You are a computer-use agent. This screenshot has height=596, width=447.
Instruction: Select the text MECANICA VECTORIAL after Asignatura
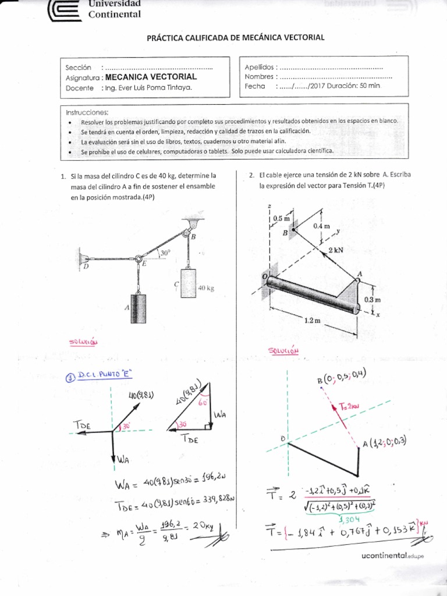[x=150, y=77]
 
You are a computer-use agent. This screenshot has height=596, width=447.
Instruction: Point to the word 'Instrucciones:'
[x=87, y=112]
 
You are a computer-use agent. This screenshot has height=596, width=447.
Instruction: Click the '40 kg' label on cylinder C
[x=207, y=288]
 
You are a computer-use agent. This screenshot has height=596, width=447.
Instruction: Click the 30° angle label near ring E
[x=166, y=253]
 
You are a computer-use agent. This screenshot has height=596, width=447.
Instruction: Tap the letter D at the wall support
[x=86, y=267]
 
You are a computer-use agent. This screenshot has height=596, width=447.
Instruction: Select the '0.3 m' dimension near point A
[x=372, y=299]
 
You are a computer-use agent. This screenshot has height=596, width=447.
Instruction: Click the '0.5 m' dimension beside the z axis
[x=281, y=218]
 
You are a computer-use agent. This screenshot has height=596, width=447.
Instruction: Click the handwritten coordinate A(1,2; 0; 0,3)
[x=385, y=443]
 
